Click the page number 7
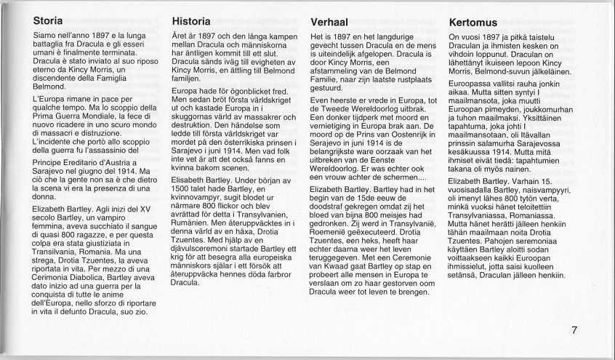pyautogui.click(x=574, y=331)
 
